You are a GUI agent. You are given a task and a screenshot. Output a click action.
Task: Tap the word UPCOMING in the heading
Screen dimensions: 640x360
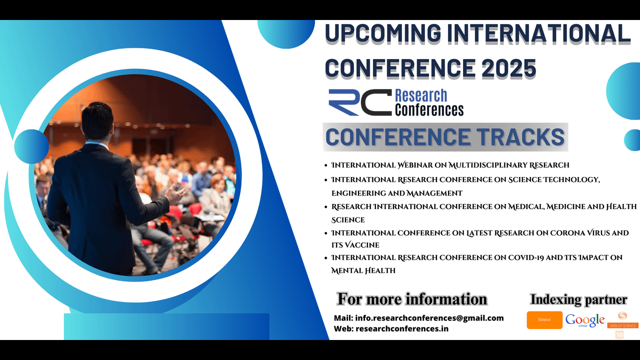point(383,33)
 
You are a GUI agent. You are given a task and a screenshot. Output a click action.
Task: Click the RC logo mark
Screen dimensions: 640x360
point(360,102)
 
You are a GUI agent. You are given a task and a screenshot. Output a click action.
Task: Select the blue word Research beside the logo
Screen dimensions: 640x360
point(421,95)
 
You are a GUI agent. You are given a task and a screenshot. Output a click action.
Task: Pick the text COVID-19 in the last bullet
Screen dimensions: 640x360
point(525,257)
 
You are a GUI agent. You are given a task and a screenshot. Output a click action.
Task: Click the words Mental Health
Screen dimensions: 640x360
point(363,270)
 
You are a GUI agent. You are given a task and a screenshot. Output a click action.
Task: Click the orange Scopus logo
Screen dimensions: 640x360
point(544,320)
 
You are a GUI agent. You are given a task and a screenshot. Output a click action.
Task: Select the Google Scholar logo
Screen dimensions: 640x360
point(585,320)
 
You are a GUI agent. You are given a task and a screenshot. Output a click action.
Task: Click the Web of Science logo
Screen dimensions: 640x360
point(622,320)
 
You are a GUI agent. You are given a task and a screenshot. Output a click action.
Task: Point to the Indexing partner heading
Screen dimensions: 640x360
point(578,299)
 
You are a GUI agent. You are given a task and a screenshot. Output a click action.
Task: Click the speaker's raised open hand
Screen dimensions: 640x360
point(174,193)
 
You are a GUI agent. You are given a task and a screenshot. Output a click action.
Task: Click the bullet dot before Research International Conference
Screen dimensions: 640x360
point(326,207)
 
